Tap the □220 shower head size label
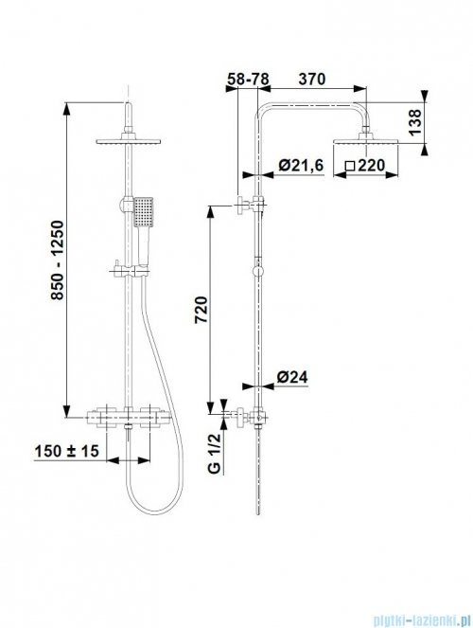365,166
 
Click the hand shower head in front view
142,211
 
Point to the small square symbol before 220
349,166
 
